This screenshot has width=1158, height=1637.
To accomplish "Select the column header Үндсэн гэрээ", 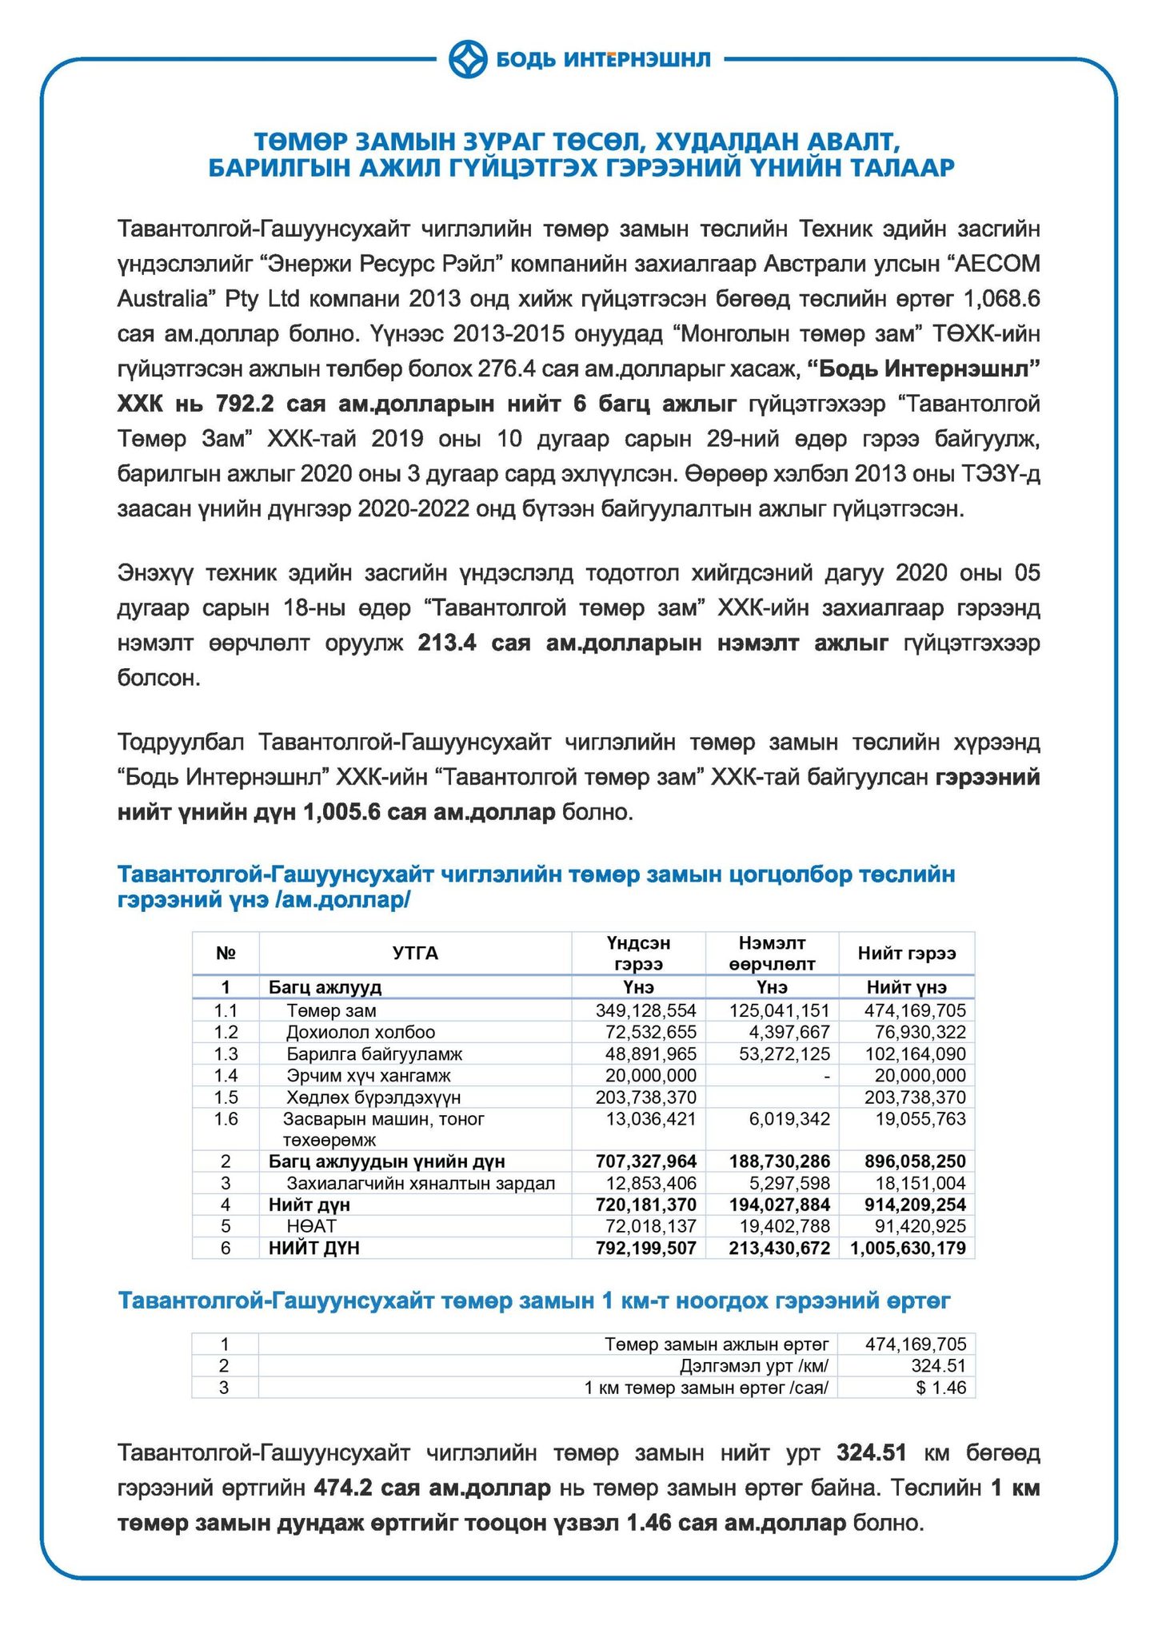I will pyautogui.click(x=638, y=953).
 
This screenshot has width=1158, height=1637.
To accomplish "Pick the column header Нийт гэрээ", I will pyautogui.click(x=906, y=953).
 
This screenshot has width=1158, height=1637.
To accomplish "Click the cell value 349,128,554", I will pyautogui.click(x=646, y=1010).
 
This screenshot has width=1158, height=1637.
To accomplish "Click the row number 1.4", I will pyautogui.click(x=226, y=1075).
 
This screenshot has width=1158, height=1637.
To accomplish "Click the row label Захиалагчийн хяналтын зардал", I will pyautogui.click(x=421, y=1182).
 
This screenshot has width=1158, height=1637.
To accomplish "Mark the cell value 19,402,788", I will pyautogui.click(x=780, y=1225).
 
